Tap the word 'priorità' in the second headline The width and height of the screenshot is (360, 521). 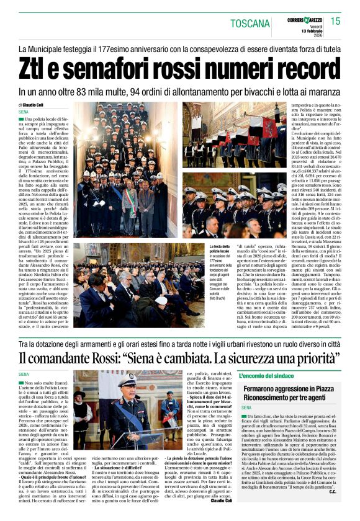pyautogui.click(x=314, y=358)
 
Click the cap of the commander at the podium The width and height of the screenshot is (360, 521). pyautogui.click(x=128, y=380)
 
